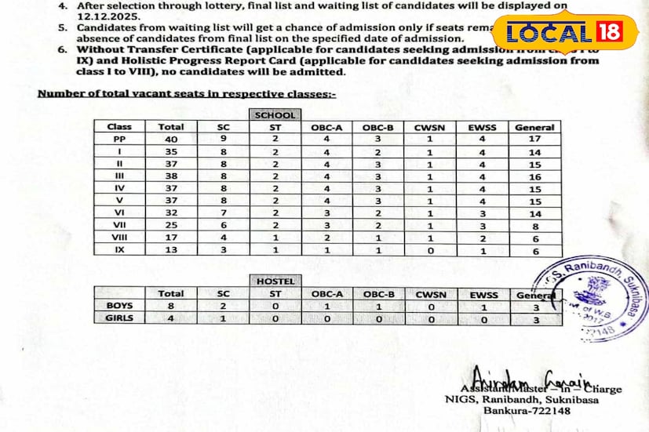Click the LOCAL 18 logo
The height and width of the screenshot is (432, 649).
pos(564,34)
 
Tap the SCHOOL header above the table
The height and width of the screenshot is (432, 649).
pos(275,115)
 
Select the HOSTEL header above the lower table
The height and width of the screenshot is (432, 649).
pos(275,281)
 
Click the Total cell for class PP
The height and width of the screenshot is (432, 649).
pos(171,139)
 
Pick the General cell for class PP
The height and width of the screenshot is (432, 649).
pos(534,139)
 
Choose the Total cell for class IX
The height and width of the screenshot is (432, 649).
pos(171,250)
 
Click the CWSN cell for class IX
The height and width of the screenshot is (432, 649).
pos(430,250)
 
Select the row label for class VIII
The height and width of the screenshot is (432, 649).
pos(119,238)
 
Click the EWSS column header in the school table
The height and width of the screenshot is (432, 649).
pos(483,127)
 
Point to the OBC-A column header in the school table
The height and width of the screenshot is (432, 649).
pos(326,127)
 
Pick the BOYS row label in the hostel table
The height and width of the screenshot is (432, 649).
pos(119,307)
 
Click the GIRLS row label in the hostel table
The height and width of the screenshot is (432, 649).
pos(119,318)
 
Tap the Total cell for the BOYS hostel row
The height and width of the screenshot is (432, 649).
pos(171,307)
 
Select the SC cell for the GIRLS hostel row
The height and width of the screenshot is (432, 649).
pos(224,318)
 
